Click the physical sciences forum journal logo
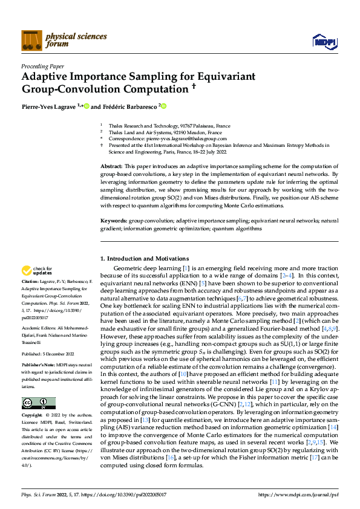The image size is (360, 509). click(46, 40)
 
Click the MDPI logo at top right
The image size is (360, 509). click(324, 41)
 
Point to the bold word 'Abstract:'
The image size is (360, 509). click(111, 165)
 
